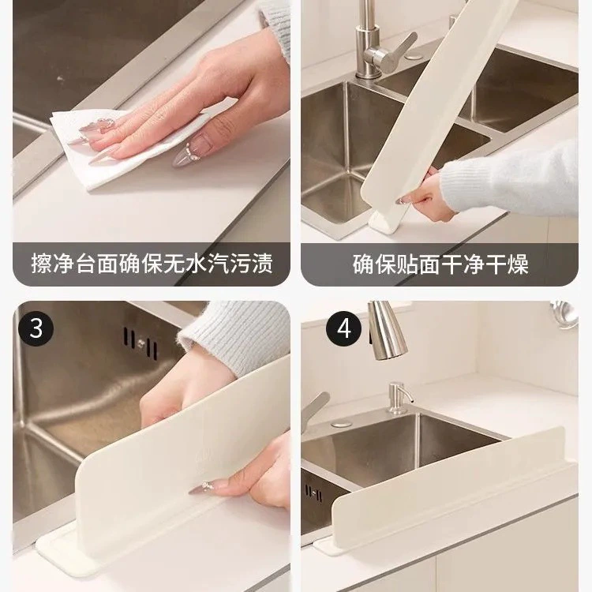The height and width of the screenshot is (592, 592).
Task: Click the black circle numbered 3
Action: point(36,328)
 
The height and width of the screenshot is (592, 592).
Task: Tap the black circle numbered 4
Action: point(343,328)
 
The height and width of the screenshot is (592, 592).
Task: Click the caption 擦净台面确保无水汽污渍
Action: point(152,264)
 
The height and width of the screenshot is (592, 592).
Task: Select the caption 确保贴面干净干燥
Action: point(440,264)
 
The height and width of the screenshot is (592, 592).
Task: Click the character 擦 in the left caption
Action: point(42,264)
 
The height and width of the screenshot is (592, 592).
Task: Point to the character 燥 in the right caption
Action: point(518,264)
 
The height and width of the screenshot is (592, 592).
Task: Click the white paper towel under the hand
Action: point(125,148)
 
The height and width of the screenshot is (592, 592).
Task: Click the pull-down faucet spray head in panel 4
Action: point(386,331)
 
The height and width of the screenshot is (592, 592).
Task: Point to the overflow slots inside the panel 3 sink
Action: point(141,343)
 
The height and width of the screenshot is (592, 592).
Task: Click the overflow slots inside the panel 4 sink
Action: point(313,493)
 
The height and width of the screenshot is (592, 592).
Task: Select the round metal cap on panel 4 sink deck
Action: point(342,424)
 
